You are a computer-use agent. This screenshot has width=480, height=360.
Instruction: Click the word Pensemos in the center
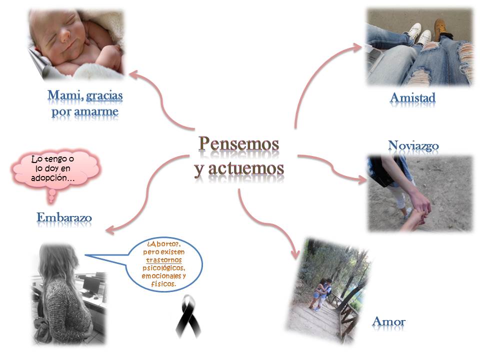click(239, 144)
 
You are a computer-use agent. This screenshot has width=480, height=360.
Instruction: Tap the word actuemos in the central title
click(246, 168)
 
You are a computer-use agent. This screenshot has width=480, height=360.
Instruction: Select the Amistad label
click(412, 97)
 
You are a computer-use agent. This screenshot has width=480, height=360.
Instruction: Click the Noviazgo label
click(413, 145)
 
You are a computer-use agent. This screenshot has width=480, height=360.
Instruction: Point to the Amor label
click(389, 321)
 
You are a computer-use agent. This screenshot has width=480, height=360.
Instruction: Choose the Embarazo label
click(64, 217)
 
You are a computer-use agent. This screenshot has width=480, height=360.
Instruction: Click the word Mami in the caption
click(65, 95)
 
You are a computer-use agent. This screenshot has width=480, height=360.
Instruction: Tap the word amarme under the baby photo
click(96, 111)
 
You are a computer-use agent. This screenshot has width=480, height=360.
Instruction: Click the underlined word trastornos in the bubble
click(164, 260)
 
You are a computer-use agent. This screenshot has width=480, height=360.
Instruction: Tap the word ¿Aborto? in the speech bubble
click(163, 244)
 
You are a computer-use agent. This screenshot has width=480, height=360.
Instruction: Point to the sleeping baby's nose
click(65, 36)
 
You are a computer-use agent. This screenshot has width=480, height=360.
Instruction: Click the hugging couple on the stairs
click(321, 293)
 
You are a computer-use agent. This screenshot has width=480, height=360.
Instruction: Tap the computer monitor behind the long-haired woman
click(91, 284)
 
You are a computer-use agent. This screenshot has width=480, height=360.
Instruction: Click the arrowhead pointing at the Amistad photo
click(357, 48)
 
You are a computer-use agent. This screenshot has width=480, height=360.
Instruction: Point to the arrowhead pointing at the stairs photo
click(295, 254)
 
